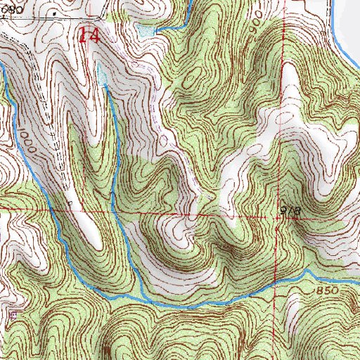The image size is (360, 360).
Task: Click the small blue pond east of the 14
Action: (x=146, y=31)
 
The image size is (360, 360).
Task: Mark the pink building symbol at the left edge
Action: (x=13, y=315)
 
